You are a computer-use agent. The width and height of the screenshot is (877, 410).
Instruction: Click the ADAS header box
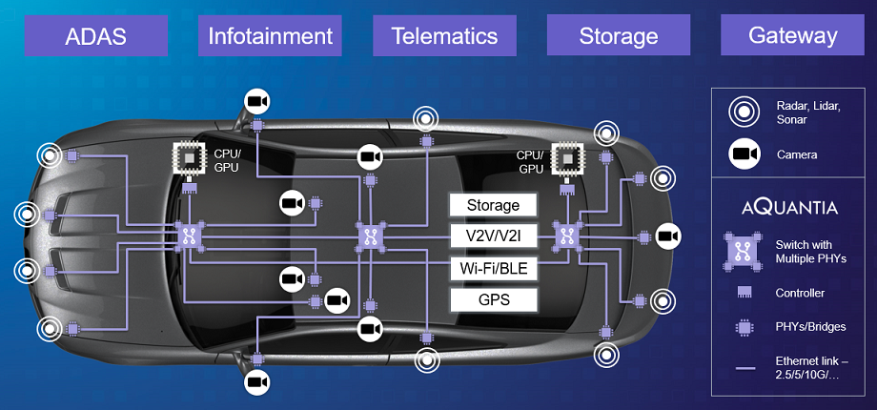click(x=96, y=37)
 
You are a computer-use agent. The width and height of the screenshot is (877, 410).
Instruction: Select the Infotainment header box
click(x=271, y=37)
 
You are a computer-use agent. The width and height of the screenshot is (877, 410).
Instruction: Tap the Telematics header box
click(x=444, y=37)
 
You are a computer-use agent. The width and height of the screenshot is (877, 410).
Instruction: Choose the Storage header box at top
click(x=619, y=37)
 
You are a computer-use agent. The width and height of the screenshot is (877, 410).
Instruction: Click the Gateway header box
click(x=793, y=37)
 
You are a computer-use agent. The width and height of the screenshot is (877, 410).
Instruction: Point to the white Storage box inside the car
click(x=493, y=205)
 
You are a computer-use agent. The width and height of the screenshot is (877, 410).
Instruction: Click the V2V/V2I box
click(x=493, y=236)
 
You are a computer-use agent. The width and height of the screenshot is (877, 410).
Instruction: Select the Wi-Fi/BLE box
click(x=493, y=268)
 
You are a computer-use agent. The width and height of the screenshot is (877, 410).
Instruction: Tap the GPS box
click(x=493, y=300)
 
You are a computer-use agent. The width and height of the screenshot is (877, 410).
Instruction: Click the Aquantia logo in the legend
click(x=789, y=207)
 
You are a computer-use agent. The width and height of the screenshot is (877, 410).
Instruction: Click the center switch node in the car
click(x=370, y=237)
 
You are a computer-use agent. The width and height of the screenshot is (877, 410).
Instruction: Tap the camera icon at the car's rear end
click(x=669, y=236)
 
